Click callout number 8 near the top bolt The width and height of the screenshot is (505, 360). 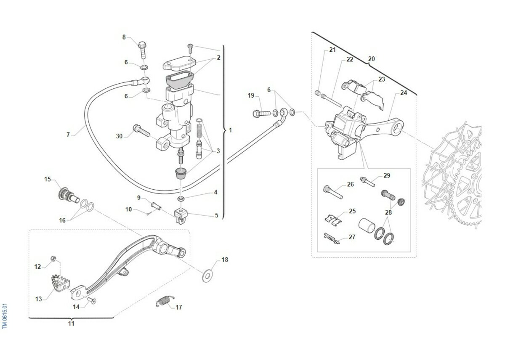click(x=124, y=37)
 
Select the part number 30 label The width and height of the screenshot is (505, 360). click(x=119, y=136)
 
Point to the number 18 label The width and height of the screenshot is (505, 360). click(x=225, y=260)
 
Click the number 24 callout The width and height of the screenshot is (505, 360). click(x=404, y=93)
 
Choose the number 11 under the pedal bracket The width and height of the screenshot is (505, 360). click(x=71, y=323)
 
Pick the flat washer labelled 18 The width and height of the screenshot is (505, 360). click(x=207, y=276)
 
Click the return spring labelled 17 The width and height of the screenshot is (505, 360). click(x=164, y=301)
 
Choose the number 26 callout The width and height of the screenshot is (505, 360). click(x=351, y=184)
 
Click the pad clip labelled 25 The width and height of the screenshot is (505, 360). click(x=335, y=219)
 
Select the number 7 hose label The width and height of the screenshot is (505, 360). click(x=68, y=135)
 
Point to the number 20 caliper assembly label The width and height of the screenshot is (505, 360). click(x=371, y=59)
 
